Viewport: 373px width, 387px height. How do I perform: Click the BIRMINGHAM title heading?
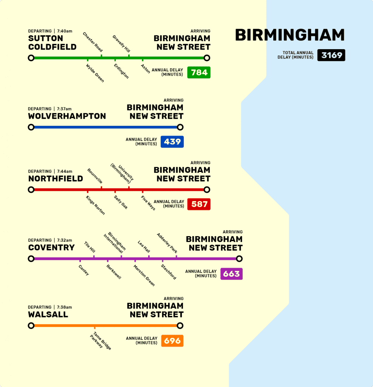(x=289, y=35)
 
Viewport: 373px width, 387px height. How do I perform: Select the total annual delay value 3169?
(x=331, y=55)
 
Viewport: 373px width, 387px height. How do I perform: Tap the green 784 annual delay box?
(x=199, y=72)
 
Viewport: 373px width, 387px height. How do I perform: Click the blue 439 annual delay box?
(x=172, y=142)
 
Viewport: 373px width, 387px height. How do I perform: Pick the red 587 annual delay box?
(x=199, y=204)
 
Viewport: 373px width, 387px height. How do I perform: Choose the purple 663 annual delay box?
(x=231, y=274)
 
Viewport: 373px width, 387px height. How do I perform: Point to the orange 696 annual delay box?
(x=172, y=341)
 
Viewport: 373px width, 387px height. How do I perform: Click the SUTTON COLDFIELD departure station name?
(x=52, y=43)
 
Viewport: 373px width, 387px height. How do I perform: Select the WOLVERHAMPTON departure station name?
(x=67, y=116)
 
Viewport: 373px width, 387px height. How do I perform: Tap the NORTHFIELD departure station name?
(x=56, y=178)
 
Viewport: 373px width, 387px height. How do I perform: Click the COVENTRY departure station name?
(x=51, y=248)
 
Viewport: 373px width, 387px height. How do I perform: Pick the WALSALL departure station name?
(x=48, y=314)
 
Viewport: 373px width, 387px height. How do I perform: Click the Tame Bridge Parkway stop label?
(x=100, y=341)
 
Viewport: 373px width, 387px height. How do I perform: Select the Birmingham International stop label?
(x=115, y=242)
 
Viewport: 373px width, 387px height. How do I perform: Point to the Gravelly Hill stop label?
(x=121, y=44)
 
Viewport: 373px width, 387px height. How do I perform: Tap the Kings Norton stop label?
(x=95, y=205)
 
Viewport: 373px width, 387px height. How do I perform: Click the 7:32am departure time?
(x=65, y=240)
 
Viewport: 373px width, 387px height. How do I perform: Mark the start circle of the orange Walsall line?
(x=31, y=325)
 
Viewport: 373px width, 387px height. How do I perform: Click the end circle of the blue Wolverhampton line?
(x=180, y=127)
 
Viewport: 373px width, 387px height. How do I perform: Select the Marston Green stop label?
(x=144, y=275)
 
